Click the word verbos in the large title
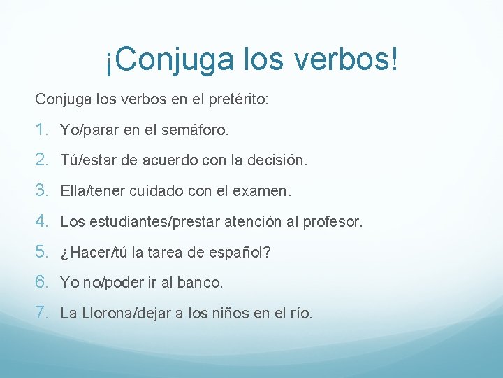pos(340,60)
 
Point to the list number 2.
pos(42,160)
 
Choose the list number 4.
pos(42,221)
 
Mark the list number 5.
pos(42,252)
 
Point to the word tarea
pos(180,253)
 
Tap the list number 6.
pos(42,283)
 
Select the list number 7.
pos(42,313)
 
